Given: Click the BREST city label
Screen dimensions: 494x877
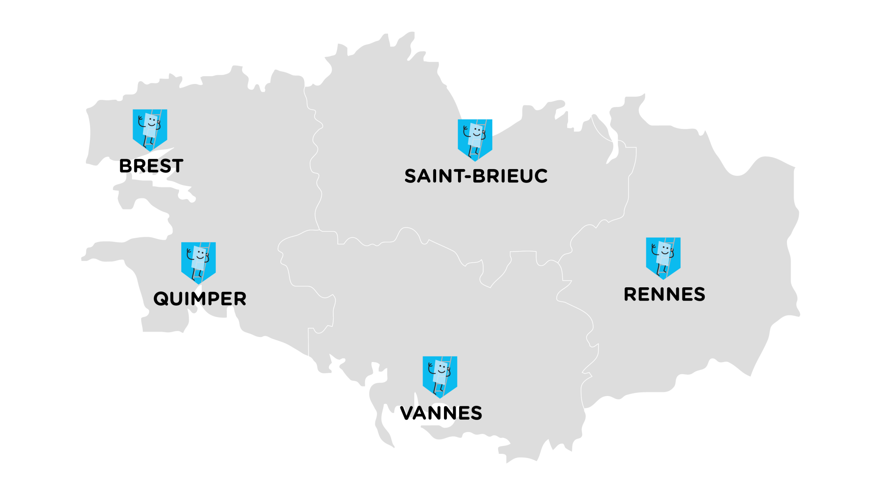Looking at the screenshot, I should click(x=151, y=166).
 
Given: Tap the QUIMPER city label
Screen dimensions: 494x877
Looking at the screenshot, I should click(x=200, y=299).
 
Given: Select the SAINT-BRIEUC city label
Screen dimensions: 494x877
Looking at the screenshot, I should click(x=476, y=176).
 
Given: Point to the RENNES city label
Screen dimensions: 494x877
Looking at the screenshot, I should click(x=664, y=294).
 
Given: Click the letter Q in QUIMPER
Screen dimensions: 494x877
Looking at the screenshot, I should click(x=161, y=299).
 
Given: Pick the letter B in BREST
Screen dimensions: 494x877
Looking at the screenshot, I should click(x=125, y=166).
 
